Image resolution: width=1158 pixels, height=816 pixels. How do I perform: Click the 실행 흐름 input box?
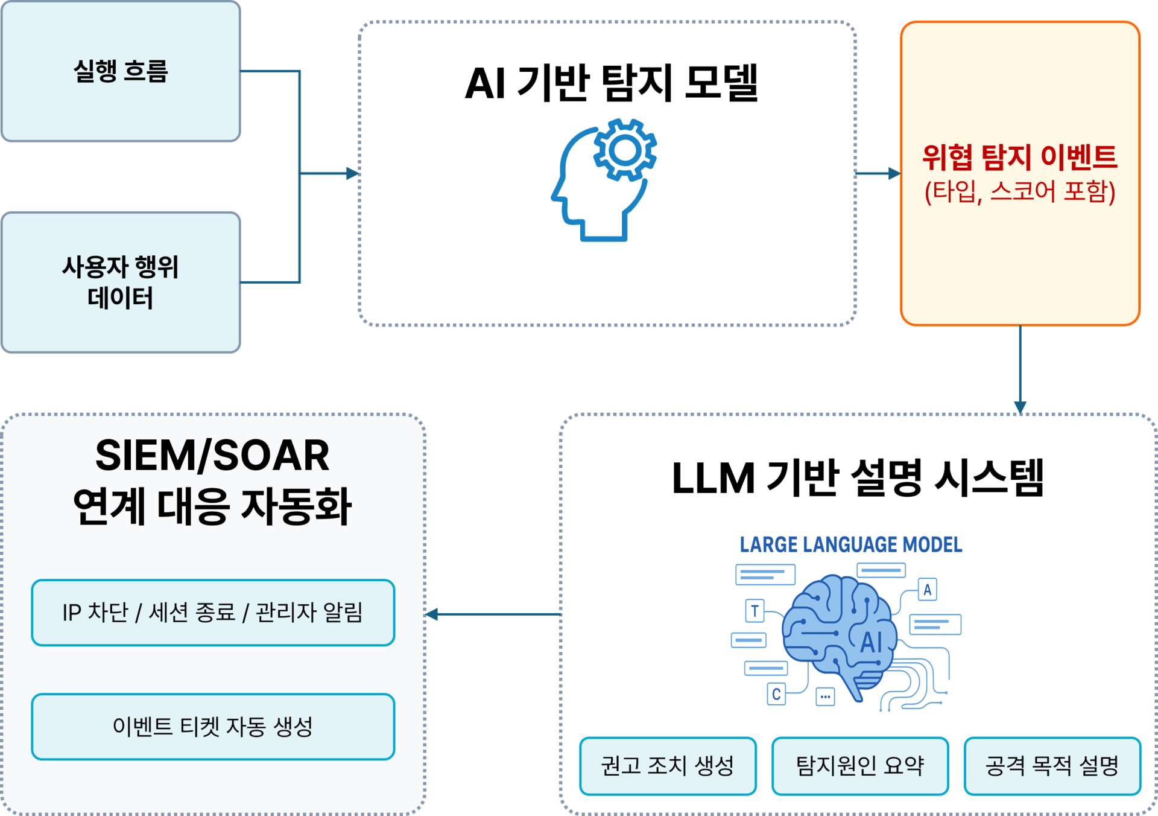tap(121, 72)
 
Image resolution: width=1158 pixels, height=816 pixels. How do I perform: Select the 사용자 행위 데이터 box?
tap(121, 282)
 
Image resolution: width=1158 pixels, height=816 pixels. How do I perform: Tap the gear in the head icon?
tap(625, 150)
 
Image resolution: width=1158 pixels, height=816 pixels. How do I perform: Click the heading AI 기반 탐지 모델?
tap(611, 83)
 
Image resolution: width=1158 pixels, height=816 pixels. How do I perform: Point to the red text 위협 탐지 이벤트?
tap(1020, 158)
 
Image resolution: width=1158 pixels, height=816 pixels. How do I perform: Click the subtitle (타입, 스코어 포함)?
tap(1020, 192)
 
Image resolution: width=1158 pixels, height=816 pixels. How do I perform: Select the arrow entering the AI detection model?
tap(350, 174)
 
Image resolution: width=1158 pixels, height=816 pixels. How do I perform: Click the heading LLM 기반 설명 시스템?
tap(858, 478)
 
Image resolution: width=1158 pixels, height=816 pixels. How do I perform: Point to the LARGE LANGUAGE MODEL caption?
tap(851, 545)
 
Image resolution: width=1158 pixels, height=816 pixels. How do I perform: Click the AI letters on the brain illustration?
tap(872, 642)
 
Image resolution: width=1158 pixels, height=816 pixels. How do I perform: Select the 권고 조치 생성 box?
tap(668, 766)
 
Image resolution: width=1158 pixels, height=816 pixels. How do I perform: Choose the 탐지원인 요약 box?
tap(860, 766)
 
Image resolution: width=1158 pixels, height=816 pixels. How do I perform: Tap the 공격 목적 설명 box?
tap(1052, 766)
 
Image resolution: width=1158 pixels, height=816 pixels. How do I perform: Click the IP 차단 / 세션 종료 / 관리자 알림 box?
tap(213, 613)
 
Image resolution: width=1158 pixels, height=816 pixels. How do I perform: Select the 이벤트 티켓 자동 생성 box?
tap(213, 727)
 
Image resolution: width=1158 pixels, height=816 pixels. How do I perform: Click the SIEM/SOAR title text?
tap(212, 456)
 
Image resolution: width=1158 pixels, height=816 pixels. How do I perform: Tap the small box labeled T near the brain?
tap(755, 611)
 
